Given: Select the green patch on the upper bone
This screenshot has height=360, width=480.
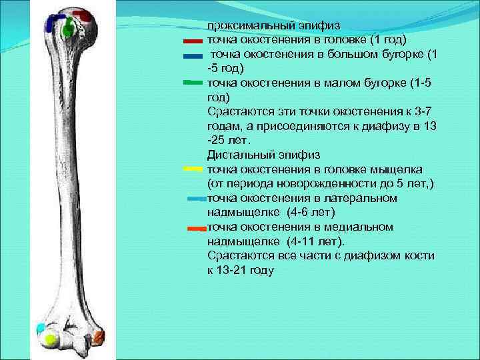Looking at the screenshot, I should [x=67, y=30].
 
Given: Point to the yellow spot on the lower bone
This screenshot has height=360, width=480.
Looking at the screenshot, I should [x=49, y=339].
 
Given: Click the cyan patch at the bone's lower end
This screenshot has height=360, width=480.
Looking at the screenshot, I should [x=41, y=328].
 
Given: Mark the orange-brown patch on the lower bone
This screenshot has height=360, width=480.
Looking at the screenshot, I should [x=99, y=335].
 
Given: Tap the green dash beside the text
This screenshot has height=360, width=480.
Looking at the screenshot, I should [x=192, y=83].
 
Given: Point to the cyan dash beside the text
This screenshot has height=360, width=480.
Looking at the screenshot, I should [x=197, y=199].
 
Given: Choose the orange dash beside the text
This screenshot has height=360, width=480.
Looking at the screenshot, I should [x=196, y=228].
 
